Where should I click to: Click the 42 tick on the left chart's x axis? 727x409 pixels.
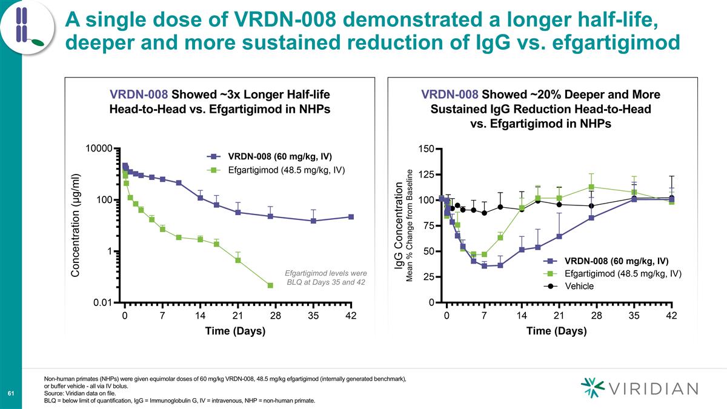click(x=351, y=316)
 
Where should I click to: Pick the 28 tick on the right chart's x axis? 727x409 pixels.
click(x=596, y=316)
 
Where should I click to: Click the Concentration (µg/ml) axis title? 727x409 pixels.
click(x=76, y=225)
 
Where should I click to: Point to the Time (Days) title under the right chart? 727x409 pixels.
click(x=557, y=331)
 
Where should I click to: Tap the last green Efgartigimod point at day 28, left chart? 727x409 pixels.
click(x=270, y=285)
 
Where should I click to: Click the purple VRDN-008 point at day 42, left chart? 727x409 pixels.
click(x=351, y=217)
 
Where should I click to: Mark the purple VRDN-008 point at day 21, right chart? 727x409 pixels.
click(x=559, y=236)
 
